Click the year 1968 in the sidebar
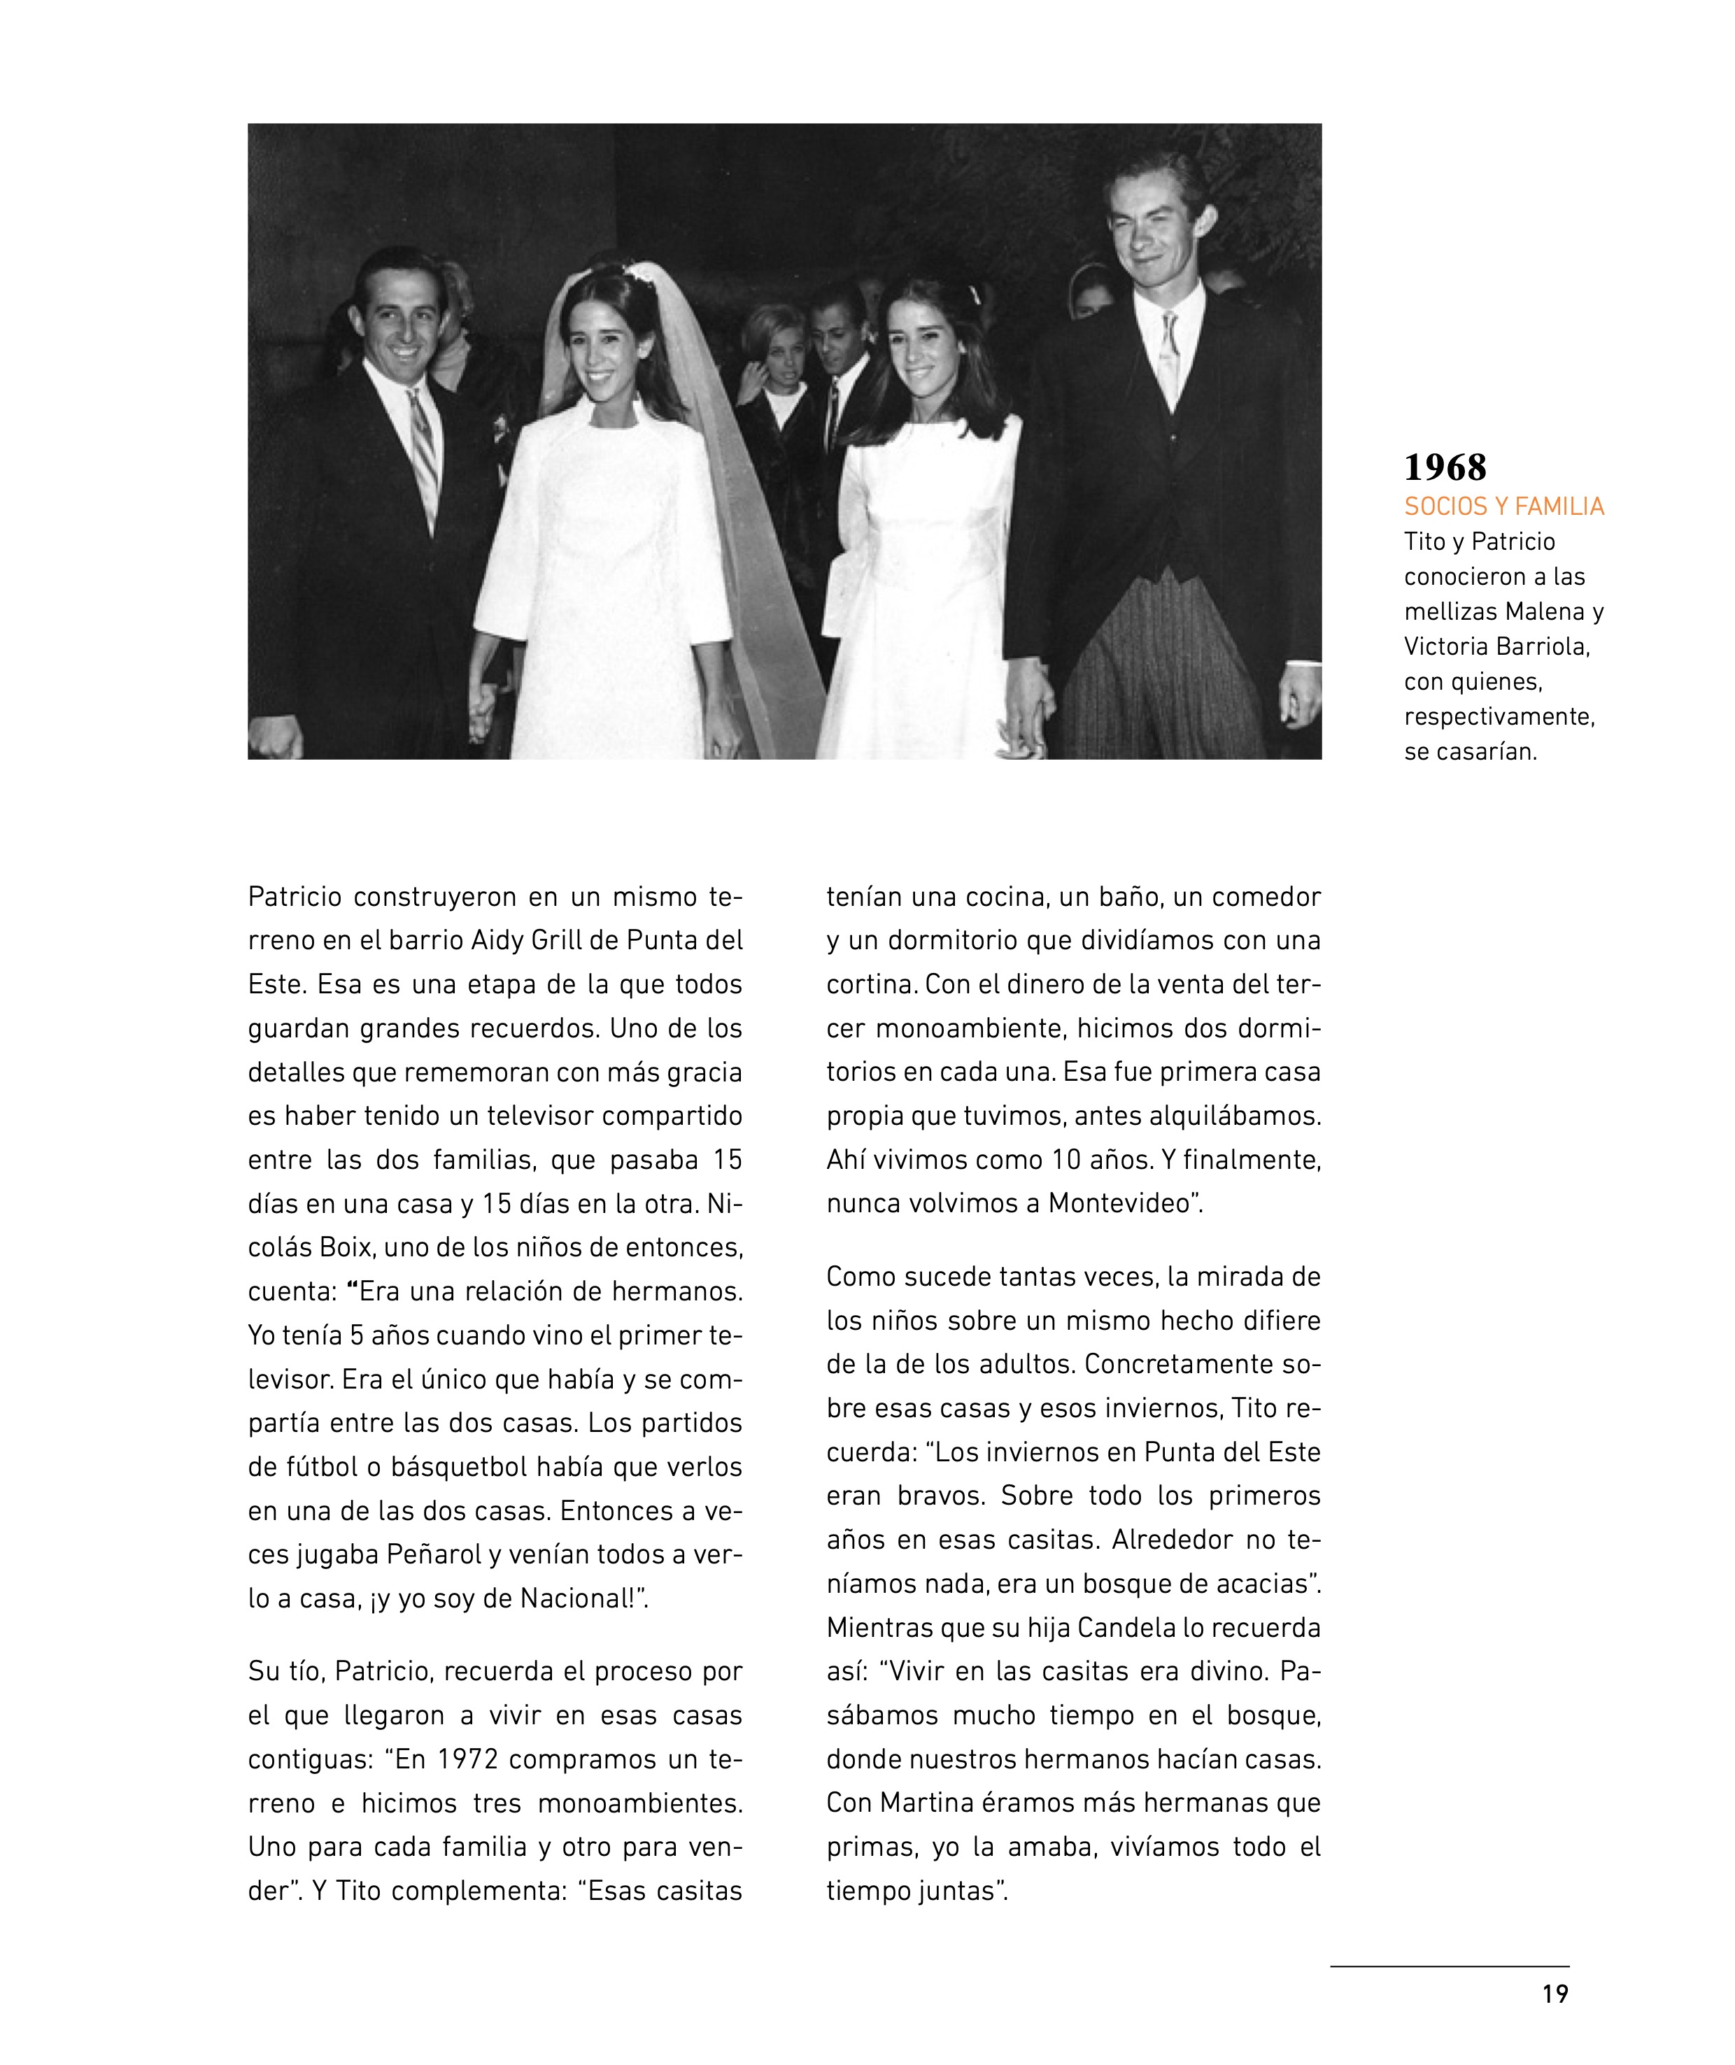[1444, 467]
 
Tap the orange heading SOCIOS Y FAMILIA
[1503, 506]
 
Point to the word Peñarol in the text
[434, 1554]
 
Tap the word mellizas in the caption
[1450, 611]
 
